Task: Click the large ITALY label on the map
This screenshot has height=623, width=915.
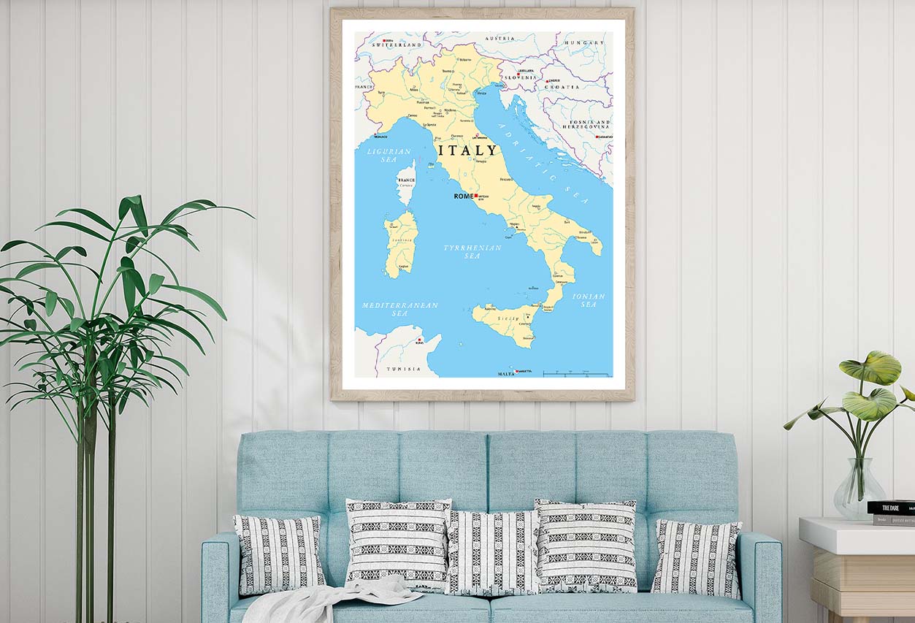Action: [467, 150]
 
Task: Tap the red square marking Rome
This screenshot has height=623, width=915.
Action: [476, 196]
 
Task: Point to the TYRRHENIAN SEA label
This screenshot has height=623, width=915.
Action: [472, 252]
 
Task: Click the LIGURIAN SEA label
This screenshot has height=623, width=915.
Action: [388, 155]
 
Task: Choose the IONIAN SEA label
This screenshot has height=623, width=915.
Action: [589, 300]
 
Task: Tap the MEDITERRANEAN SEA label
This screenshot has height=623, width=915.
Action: [399, 309]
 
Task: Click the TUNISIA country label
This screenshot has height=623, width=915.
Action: [404, 369]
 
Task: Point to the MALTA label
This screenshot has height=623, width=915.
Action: [506, 373]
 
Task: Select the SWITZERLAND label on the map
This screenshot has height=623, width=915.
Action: [397, 45]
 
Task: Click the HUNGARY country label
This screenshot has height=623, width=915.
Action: [583, 43]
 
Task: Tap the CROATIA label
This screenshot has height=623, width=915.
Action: [562, 87]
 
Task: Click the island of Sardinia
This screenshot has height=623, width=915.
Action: [401, 243]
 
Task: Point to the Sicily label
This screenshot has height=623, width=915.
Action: [508, 319]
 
